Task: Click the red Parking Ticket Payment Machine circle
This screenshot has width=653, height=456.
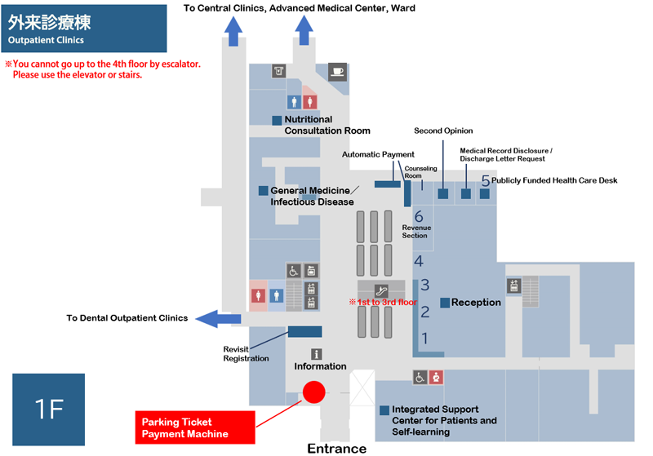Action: (313, 392)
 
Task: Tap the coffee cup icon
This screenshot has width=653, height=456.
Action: (337, 72)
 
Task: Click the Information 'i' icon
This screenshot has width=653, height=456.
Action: (317, 354)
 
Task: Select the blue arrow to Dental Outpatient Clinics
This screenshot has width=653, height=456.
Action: (218, 319)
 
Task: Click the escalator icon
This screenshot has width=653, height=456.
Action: (381, 290)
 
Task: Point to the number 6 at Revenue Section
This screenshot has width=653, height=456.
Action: (419, 216)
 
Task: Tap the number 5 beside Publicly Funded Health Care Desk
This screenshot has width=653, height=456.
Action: (485, 180)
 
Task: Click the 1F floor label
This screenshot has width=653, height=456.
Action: (49, 410)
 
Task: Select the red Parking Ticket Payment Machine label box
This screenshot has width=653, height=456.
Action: (195, 427)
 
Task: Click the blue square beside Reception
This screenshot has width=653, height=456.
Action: (445, 303)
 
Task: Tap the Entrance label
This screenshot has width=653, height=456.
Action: (337, 449)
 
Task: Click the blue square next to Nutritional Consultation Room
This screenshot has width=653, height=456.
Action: (277, 120)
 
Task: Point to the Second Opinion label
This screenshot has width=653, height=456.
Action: (443, 131)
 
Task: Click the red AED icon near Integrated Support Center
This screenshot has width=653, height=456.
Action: (436, 378)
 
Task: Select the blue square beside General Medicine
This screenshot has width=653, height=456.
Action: (263, 191)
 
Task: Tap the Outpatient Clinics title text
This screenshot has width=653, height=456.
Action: (46, 40)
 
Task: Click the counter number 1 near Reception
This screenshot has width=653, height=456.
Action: (424, 339)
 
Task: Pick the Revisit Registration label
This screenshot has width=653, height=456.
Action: (246, 354)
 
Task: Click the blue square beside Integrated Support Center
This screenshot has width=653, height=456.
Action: (384, 410)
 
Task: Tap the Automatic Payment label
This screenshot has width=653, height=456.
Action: (378, 154)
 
